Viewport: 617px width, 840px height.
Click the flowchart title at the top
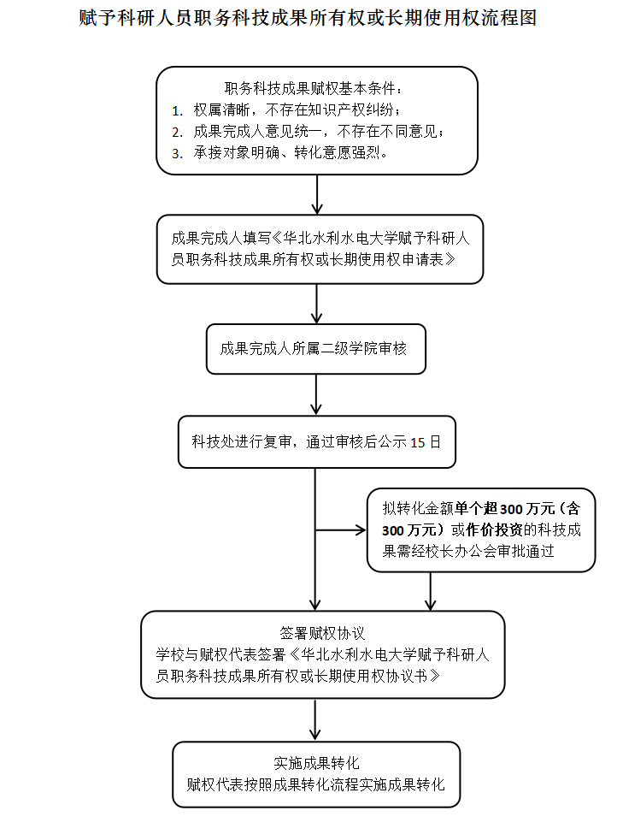[x=308, y=18]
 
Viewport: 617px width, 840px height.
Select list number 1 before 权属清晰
[x=177, y=110]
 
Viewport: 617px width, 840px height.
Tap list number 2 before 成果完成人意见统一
[x=177, y=132]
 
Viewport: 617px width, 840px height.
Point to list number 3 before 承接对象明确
[x=177, y=154]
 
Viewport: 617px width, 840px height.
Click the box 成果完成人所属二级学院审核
[x=315, y=349]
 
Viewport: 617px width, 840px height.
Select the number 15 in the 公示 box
[x=418, y=442]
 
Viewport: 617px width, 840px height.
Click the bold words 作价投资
[x=491, y=530]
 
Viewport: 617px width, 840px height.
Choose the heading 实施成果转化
[x=315, y=763]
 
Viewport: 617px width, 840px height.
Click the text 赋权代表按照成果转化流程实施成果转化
[x=315, y=784]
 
